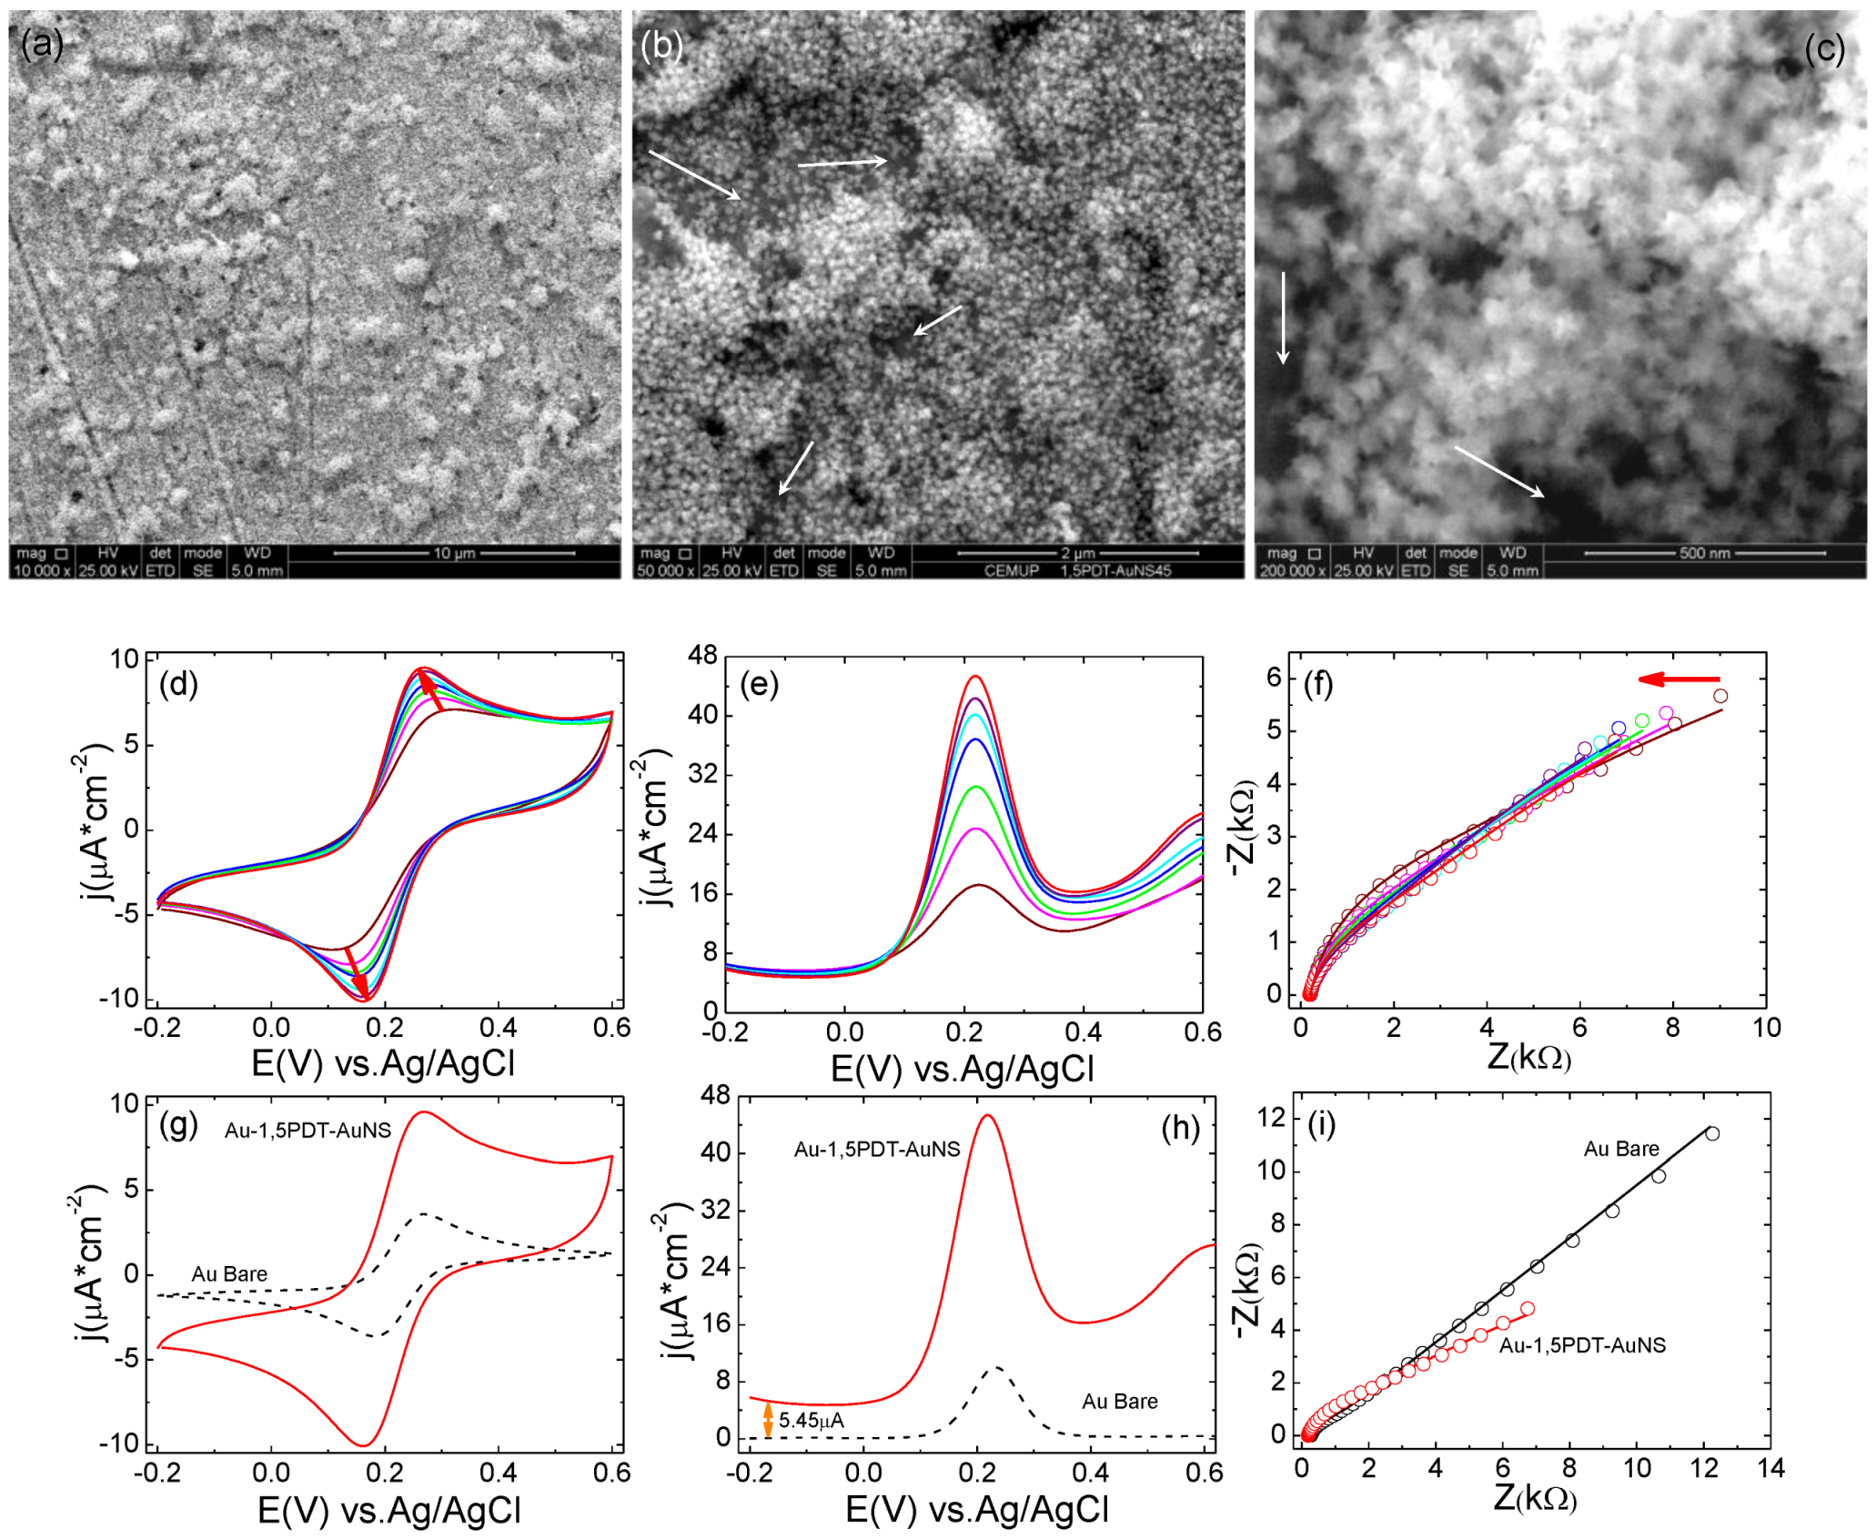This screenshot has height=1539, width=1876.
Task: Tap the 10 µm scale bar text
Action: pyautogui.click(x=454, y=553)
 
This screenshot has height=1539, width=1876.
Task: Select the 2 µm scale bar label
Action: pyautogui.click(x=1078, y=553)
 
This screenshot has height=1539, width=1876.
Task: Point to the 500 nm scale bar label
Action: pyautogui.click(x=1704, y=553)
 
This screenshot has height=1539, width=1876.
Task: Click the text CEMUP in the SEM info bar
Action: pyautogui.click(x=1011, y=571)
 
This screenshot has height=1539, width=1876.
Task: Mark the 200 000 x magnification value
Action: pyautogui.click(x=1292, y=571)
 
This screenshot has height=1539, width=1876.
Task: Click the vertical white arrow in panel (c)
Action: pyautogui.click(x=1283, y=317)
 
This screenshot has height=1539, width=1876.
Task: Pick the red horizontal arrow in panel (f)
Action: pyautogui.click(x=1679, y=679)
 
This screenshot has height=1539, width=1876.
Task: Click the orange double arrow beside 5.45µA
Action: pyautogui.click(x=768, y=1419)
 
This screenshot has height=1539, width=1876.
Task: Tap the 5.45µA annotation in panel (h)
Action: pyautogui.click(x=812, y=1420)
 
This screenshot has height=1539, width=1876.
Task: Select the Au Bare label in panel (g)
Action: pyautogui.click(x=229, y=1274)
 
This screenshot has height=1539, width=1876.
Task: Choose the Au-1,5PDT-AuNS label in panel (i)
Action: pyautogui.click(x=1582, y=1345)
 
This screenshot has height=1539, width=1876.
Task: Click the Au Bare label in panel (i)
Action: pyautogui.click(x=1621, y=1149)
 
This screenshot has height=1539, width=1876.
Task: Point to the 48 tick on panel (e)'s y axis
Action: pyautogui.click(x=703, y=655)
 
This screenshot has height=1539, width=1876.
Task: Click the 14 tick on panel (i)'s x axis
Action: pyautogui.click(x=1770, y=1468)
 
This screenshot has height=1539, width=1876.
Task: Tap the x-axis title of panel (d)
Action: pyautogui.click(x=383, y=1062)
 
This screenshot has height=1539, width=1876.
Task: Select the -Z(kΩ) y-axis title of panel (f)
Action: pyautogui.click(x=1243, y=828)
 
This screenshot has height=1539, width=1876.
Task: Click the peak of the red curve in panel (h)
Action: pyautogui.click(x=987, y=1116)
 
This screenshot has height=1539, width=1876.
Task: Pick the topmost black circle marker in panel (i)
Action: pyautogui.click(x=1712, y=1133)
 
